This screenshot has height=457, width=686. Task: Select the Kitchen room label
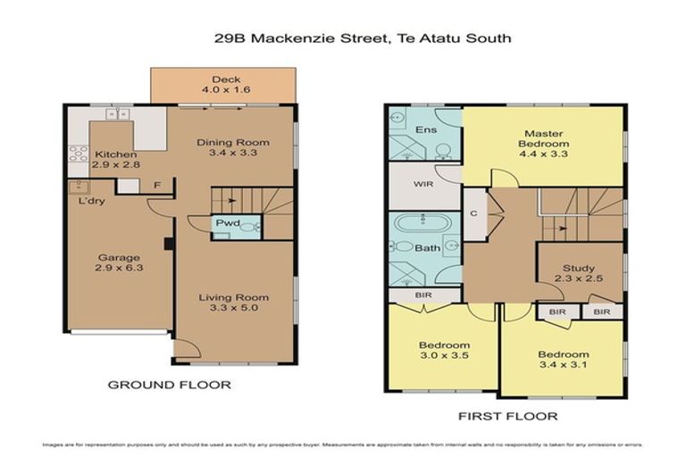point(115,161)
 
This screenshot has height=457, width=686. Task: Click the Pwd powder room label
point(223,224)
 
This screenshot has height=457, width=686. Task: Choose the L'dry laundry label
point(88,202)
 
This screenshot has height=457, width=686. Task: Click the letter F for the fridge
point(155,186)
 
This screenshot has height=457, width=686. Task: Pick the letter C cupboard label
point(473,215)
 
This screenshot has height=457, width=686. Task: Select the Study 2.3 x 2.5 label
point(578,274)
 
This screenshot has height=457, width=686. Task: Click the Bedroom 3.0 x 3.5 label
point(444,351)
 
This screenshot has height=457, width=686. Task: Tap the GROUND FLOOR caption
point(169,385)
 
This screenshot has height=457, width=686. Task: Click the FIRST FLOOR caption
point(507,416)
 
